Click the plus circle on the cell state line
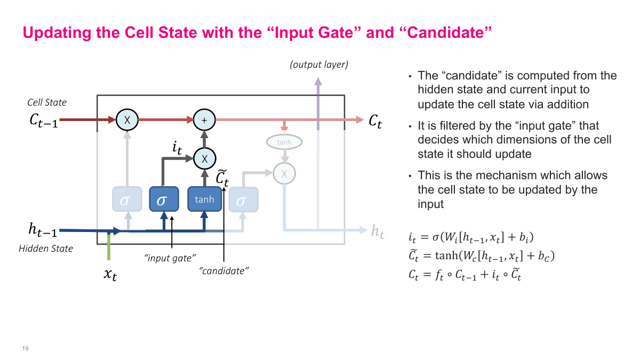[204, 120]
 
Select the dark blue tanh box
[204, 199]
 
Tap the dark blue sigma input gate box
[164, 199]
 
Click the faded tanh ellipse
[284, 142]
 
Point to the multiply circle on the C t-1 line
[127, 120]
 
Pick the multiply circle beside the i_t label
[204, 158]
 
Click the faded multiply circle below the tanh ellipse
[284, 173]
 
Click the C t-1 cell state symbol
[44, 120]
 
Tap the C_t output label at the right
[375, 121]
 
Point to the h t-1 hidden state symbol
[42, 230]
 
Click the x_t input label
[109, 275]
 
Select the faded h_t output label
[378, 231]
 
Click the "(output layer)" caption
[318, 65]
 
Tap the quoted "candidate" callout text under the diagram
[224, 271]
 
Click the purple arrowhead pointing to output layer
[318, 82]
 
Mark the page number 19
[25, 348]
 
